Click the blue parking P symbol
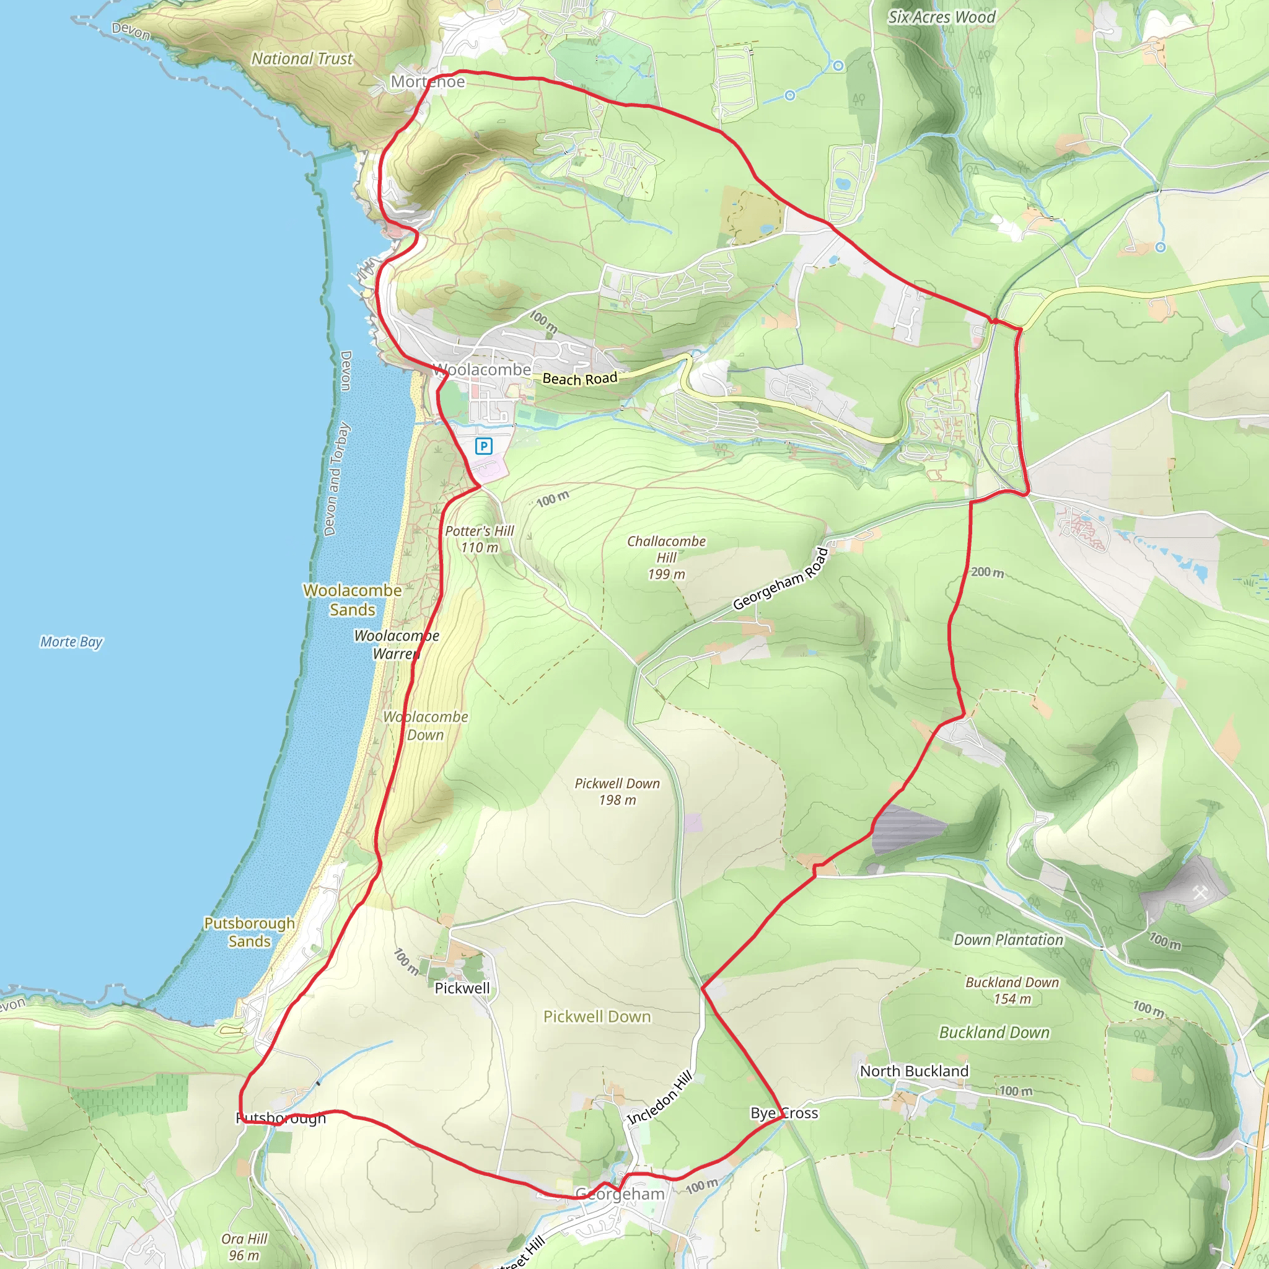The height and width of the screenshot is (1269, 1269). (x=483, y=447)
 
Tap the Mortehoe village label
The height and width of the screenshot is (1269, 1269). (x=428, y=81)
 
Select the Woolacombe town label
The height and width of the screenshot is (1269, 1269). (x=482, y=370)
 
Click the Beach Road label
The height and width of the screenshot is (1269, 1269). (x=580, y=379)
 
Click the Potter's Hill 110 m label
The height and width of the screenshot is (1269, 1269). (x=480, y=538)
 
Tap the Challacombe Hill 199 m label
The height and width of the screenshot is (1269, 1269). (x=666, y=557)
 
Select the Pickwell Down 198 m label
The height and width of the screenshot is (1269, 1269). (x=617, y=791)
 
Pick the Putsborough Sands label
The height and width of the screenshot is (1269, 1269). (x=250, y=931)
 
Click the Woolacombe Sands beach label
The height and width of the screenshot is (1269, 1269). (x=353, y=600)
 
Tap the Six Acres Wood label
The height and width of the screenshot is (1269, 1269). (x=941, y=17)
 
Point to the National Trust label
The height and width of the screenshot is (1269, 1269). (x=302, y=58)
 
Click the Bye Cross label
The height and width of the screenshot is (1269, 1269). (x=784, y=1113)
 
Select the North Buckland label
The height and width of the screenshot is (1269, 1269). (x=914, y=1071)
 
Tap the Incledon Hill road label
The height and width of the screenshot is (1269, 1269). (x=659, y=1097)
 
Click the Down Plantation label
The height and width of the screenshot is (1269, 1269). (x=1008, y=939)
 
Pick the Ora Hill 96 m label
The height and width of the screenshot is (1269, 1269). (x=244, y=1246)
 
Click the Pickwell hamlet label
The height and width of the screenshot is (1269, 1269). (x=462, y=988)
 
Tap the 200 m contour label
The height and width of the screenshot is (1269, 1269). (x=987, y=572)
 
